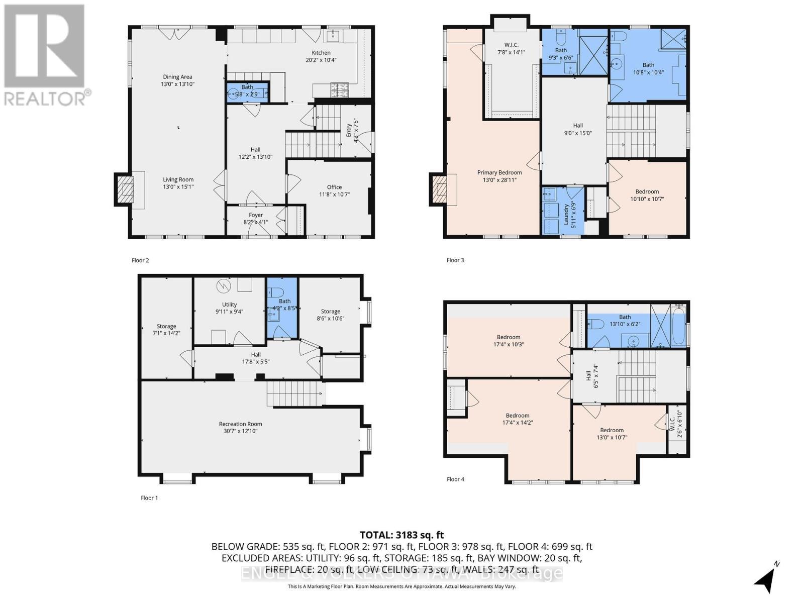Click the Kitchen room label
pos(321,56)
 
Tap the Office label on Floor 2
pos(334,190)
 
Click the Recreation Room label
pos(240,427)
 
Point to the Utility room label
pos(229,308)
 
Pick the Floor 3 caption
pos(455,260)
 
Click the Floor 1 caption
pos(149,498)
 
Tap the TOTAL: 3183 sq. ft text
pos(401,535)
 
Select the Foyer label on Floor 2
pos(256,218)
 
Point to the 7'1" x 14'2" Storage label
pos(166,330)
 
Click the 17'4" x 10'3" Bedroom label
pos(509,341)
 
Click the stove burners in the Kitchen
pos(339,90)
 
